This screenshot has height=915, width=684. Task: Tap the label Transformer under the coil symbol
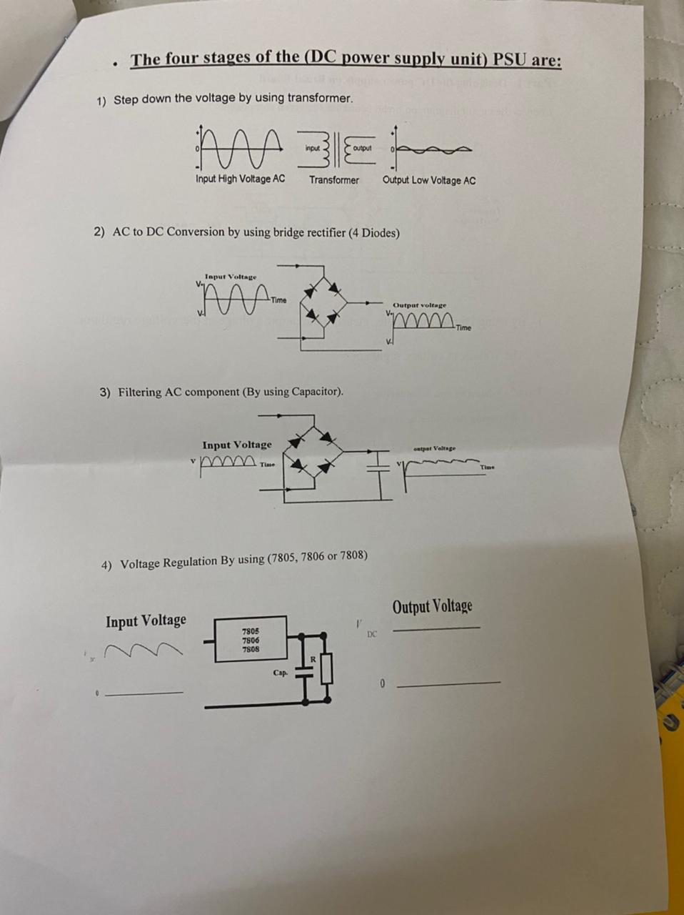(333, 180)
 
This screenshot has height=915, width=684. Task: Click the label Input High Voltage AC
(240, 179)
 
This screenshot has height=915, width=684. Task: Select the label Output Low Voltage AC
(428, 180)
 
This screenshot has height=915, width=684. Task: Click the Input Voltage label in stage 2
(231, 277)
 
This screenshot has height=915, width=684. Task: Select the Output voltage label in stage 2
(419, 305)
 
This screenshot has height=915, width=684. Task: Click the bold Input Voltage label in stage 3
(236, 445)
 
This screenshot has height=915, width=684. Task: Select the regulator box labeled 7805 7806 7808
(251, 640)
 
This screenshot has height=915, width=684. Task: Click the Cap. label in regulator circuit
(281, 673)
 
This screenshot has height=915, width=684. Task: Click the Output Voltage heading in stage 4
(432, 607)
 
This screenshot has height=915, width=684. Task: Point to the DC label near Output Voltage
(372, 634)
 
